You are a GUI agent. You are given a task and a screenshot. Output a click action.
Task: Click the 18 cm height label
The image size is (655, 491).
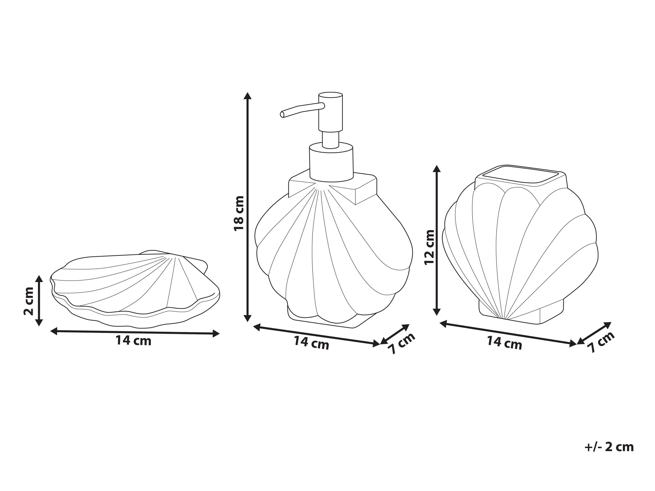239,213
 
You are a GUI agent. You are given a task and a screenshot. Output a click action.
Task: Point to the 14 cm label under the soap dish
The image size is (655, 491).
134,341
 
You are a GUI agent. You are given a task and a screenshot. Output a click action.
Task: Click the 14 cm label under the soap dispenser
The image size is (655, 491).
312,343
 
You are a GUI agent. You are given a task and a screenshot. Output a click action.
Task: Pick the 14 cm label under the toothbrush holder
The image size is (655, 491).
505,343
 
